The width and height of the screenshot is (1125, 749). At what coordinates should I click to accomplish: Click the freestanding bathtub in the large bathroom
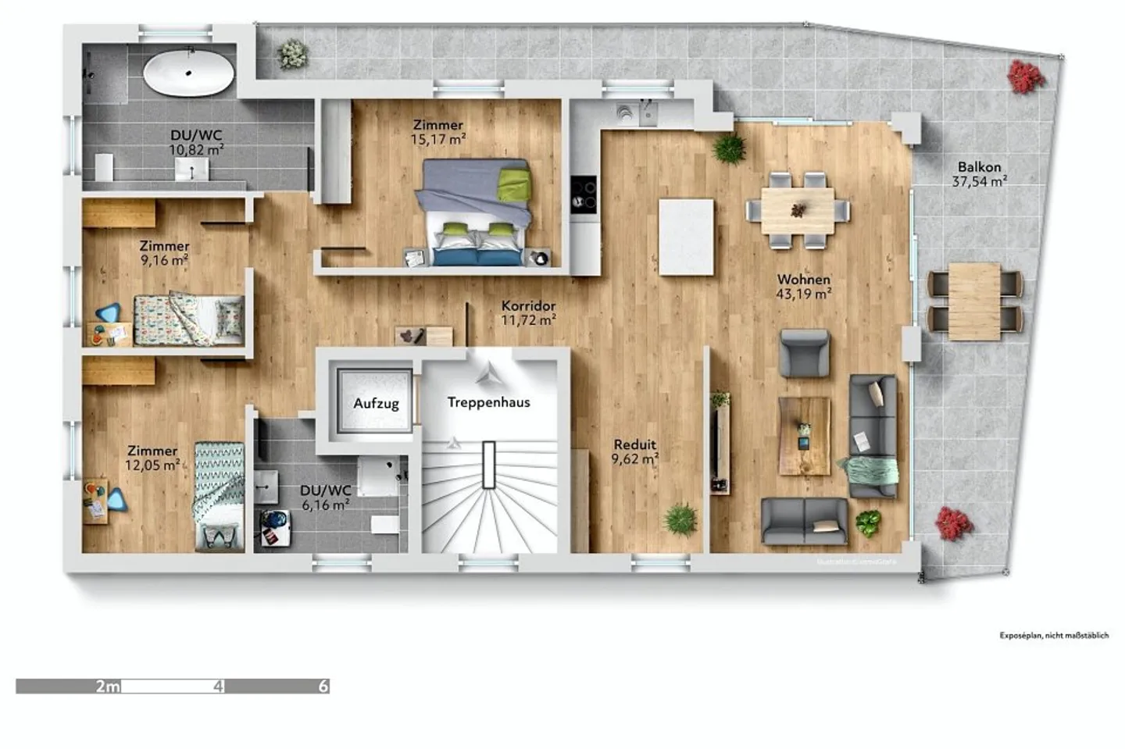click(188, 73)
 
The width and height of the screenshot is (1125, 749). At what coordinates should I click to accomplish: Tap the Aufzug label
click(376, 404)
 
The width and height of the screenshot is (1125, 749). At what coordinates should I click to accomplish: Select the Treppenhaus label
click(488, 402)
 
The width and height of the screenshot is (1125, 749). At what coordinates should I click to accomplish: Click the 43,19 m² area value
click(803, 294)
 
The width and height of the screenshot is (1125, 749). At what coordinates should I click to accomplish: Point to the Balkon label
click(979, 167)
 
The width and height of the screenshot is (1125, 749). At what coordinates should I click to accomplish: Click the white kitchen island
click(686, 237)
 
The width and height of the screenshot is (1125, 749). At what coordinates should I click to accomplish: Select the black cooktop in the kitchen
click(584, 193)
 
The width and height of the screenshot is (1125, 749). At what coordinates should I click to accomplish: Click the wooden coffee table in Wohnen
click(804, 436)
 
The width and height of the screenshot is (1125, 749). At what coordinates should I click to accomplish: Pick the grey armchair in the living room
click(804, 353)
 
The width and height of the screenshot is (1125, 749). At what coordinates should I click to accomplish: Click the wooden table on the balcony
click(974, 301)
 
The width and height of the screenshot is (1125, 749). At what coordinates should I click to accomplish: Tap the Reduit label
click(634, 444)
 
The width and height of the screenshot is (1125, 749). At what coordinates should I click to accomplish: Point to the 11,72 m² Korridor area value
click(528, 320)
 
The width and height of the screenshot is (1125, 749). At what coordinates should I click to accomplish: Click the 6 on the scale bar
click(323, 687)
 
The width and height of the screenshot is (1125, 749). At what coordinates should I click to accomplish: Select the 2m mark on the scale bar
click(108, 687)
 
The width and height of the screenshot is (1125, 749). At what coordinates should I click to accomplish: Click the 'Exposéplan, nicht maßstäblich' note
click(1054, 636)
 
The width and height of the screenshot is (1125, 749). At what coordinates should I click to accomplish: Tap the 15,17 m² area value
click(438, 140)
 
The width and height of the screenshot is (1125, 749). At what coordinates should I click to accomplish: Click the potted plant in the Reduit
click(680, 519)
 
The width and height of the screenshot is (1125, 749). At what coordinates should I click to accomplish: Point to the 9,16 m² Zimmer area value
click(164, 260)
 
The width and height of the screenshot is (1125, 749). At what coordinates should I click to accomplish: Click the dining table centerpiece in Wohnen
click(798, 209)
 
